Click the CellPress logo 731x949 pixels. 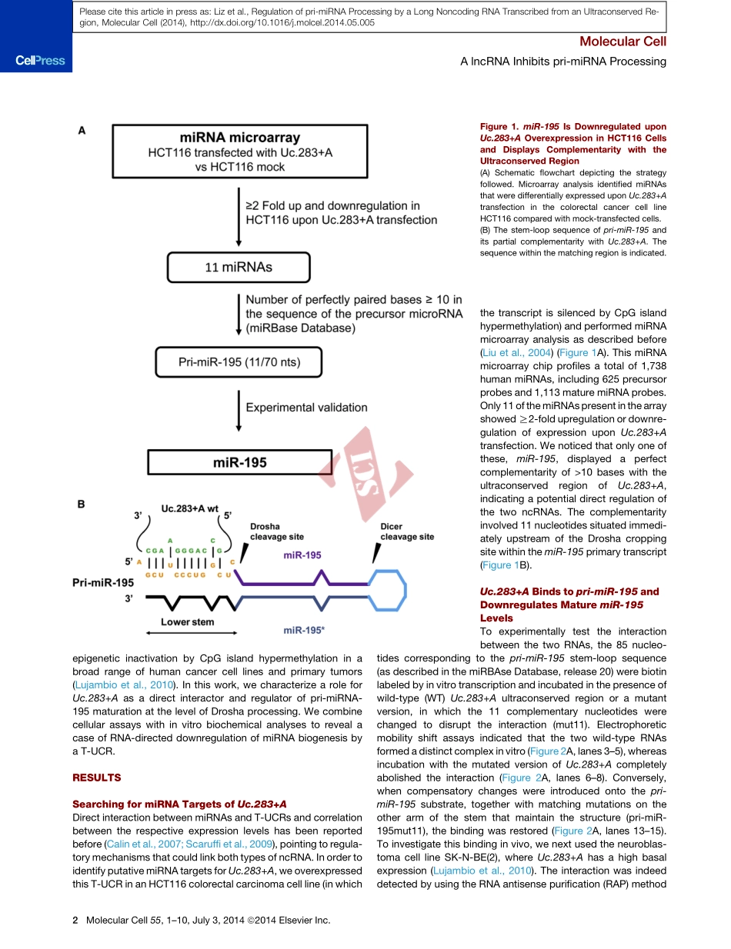[36, 60]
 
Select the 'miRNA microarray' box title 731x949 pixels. [239, 138]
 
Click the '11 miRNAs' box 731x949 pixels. [239, 268]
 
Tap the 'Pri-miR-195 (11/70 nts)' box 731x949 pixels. [239, 361]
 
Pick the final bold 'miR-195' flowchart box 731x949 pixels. [239, 463]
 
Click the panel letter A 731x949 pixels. [82, 132]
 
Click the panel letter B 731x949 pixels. [82, 504]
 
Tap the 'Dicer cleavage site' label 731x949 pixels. [407, 531]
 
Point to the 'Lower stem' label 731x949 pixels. [187, 621]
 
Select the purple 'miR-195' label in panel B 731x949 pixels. [302, 554]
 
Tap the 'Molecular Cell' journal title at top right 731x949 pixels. [623, 42]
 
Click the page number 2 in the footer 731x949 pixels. [75, 920]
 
